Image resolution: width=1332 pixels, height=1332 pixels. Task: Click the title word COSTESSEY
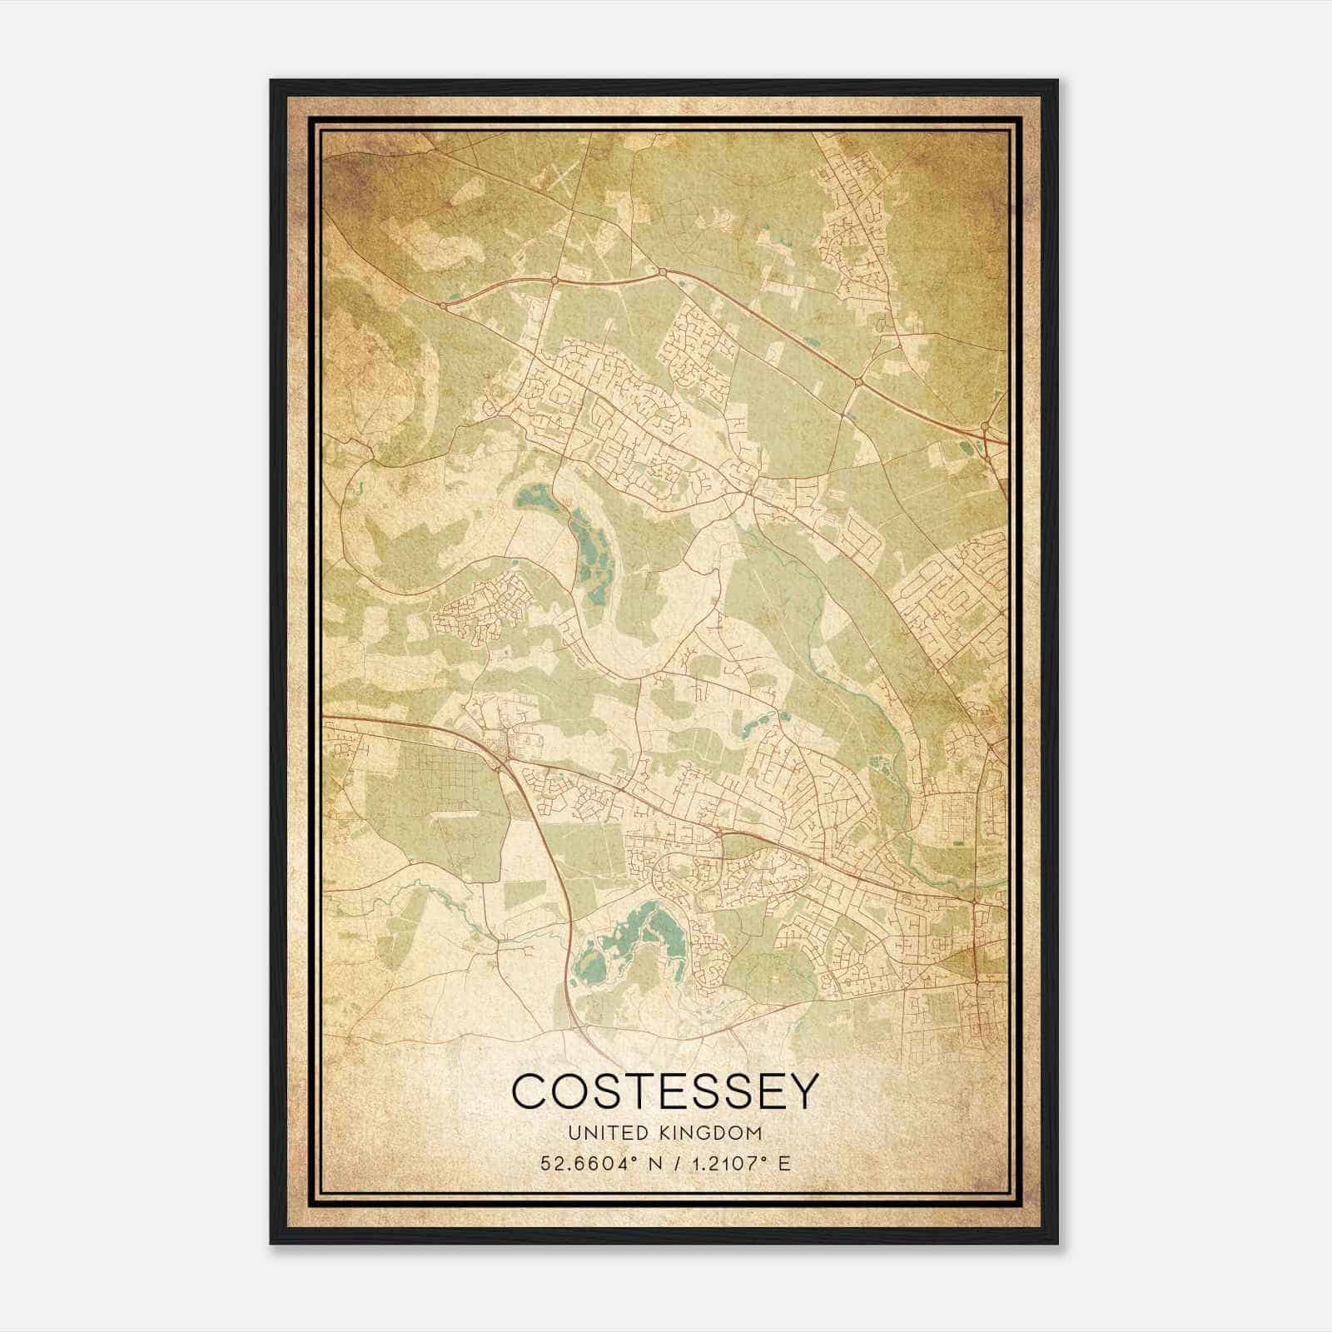pyautogui.click(x=665, y=1091)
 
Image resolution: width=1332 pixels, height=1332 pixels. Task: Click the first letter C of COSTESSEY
pyautogui.click(x=531, y=1091)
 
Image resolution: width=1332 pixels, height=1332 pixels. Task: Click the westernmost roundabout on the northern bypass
pyautogui.click(x=443, y=306)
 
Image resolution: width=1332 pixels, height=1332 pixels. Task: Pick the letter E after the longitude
pyautogui.click(x=783, y=1163)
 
